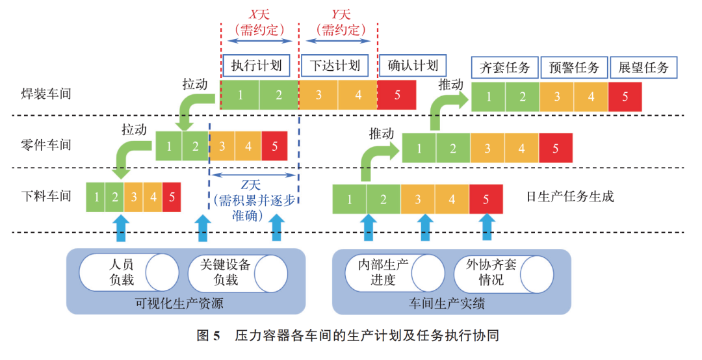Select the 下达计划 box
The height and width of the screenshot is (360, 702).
click(x=335, y=65)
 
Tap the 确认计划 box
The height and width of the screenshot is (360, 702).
click(x=413, y=65)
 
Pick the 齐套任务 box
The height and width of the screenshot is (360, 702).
click(x=504, y=67)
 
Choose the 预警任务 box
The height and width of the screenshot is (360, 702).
click(x=574, y=67)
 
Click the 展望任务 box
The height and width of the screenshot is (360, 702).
click(x=643, y=67)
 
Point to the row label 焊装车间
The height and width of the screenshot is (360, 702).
click(x=46, y=94)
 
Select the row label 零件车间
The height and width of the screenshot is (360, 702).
click(x=46, y=145)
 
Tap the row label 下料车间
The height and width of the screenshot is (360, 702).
click(x=46, y=196)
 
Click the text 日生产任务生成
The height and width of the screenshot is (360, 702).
click(x=570, y=196)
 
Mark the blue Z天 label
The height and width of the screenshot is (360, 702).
click(x=245, y=185)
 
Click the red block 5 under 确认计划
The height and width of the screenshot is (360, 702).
click(x=397, y=95)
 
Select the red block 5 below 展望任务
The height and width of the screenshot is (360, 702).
click(x=625, y=96)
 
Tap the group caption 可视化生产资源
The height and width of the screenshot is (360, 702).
click(x=185, y=303)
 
